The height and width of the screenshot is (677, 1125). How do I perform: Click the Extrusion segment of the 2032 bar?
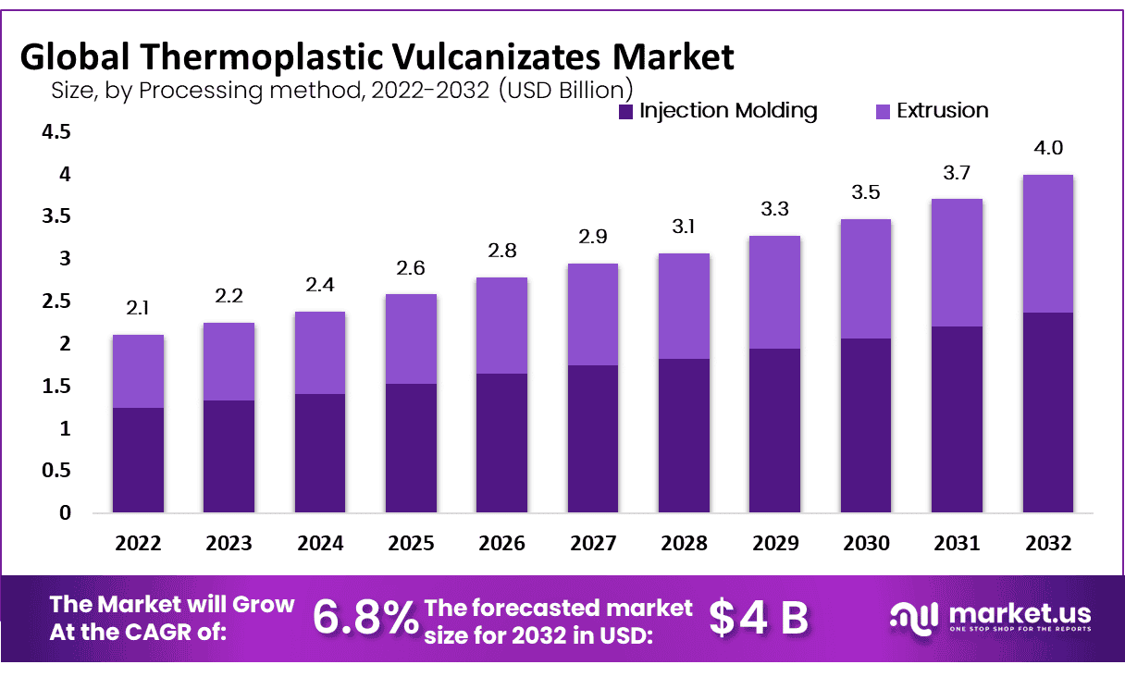coord(1047,243)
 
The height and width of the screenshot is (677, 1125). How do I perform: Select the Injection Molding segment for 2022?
coord(138,460)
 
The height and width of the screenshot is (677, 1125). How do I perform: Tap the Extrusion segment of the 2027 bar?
coord(593,314)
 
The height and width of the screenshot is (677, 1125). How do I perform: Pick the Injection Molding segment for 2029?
coord(774,430)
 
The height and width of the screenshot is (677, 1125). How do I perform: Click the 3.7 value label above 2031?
coord(957,173)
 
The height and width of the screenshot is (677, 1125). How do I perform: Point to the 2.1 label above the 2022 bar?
coord(138,309)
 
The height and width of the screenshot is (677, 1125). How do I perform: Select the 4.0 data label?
coord(1047,148)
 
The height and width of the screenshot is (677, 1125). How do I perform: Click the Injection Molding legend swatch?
coord(626,112)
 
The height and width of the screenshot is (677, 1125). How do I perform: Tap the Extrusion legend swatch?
coord(883,112)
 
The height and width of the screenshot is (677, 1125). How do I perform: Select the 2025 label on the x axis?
coord(411,543)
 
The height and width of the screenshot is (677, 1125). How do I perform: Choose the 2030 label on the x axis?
coord(866,543)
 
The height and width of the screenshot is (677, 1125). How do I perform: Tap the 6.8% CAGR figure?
coord(365,618)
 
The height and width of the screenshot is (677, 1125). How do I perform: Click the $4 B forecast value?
coord(759,618)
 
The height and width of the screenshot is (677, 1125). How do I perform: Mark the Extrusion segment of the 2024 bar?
coord(320,352)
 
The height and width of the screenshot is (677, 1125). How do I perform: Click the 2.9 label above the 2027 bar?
coord(593,238)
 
